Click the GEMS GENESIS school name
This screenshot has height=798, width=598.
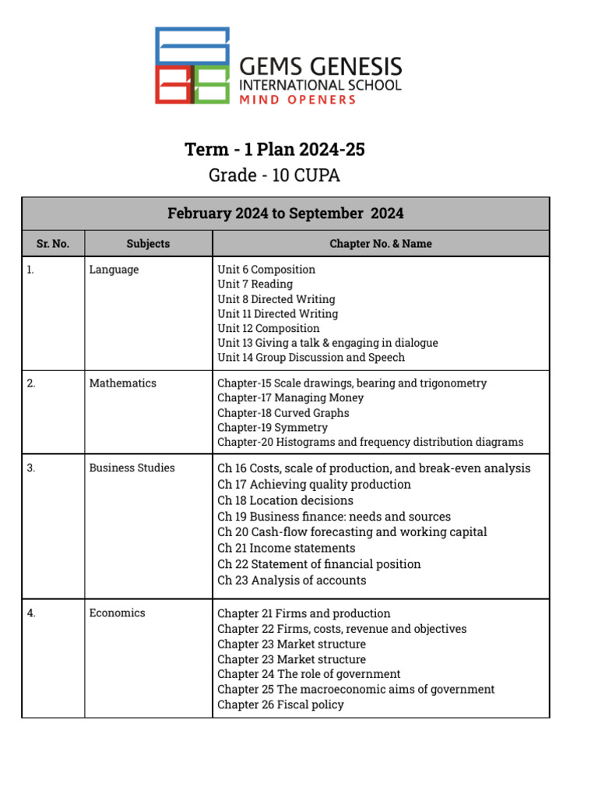click(320, 66)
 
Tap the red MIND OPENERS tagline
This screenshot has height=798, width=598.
click(297, 99)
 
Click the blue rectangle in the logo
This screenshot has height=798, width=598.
click(192, 46)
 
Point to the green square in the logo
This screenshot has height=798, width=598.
click(211, 85)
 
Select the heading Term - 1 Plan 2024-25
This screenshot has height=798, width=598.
click(275, 150)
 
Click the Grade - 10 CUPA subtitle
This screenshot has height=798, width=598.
click(274, 175)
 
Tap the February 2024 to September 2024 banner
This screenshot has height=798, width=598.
click(286, 214)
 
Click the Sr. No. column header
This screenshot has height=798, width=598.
click(53, 244)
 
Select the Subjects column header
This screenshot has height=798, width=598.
click(148, 244)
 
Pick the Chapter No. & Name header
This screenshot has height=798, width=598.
click(381, 244)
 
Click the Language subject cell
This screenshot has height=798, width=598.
click(114, 270)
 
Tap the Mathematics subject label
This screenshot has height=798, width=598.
click(122, 383)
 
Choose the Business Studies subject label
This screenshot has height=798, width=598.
click(132, 468)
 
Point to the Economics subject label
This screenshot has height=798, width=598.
click(117, 613)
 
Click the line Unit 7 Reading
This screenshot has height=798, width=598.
click(255, 284)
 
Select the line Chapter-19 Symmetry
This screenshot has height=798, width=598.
click(273, 428)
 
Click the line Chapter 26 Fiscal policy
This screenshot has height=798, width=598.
click(280, 704)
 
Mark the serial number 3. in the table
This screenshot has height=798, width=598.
click(31, 468)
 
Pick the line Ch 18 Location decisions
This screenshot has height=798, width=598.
click(286, 500)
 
